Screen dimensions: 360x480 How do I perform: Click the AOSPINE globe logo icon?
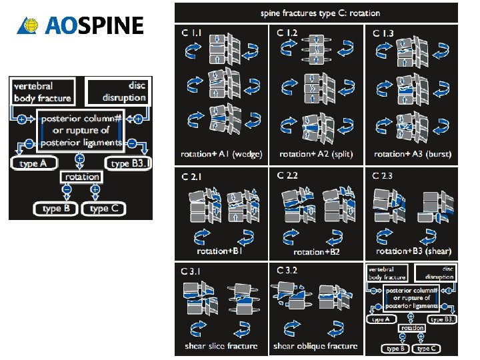click(x=29, y=26)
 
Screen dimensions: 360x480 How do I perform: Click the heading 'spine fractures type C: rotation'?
click(x=316, y=13)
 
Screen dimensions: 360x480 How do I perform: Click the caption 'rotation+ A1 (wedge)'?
click(x=223, y=154)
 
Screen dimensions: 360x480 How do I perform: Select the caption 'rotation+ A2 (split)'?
click(x=316, y=154)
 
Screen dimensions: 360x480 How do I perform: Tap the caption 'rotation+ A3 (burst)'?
click(x=413, y=154)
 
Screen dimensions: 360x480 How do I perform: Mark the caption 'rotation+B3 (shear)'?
click(x=413, y=251)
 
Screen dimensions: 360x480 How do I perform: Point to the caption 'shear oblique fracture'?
click(x=315, y=346)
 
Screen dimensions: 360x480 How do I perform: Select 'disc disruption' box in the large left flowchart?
click(x=117, y=92)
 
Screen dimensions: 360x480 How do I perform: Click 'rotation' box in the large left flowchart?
click(x=81, y=177)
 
